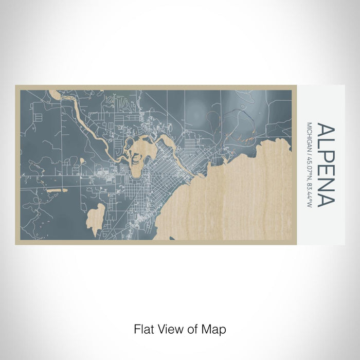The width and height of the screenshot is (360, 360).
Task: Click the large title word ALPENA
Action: click(326, 165)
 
